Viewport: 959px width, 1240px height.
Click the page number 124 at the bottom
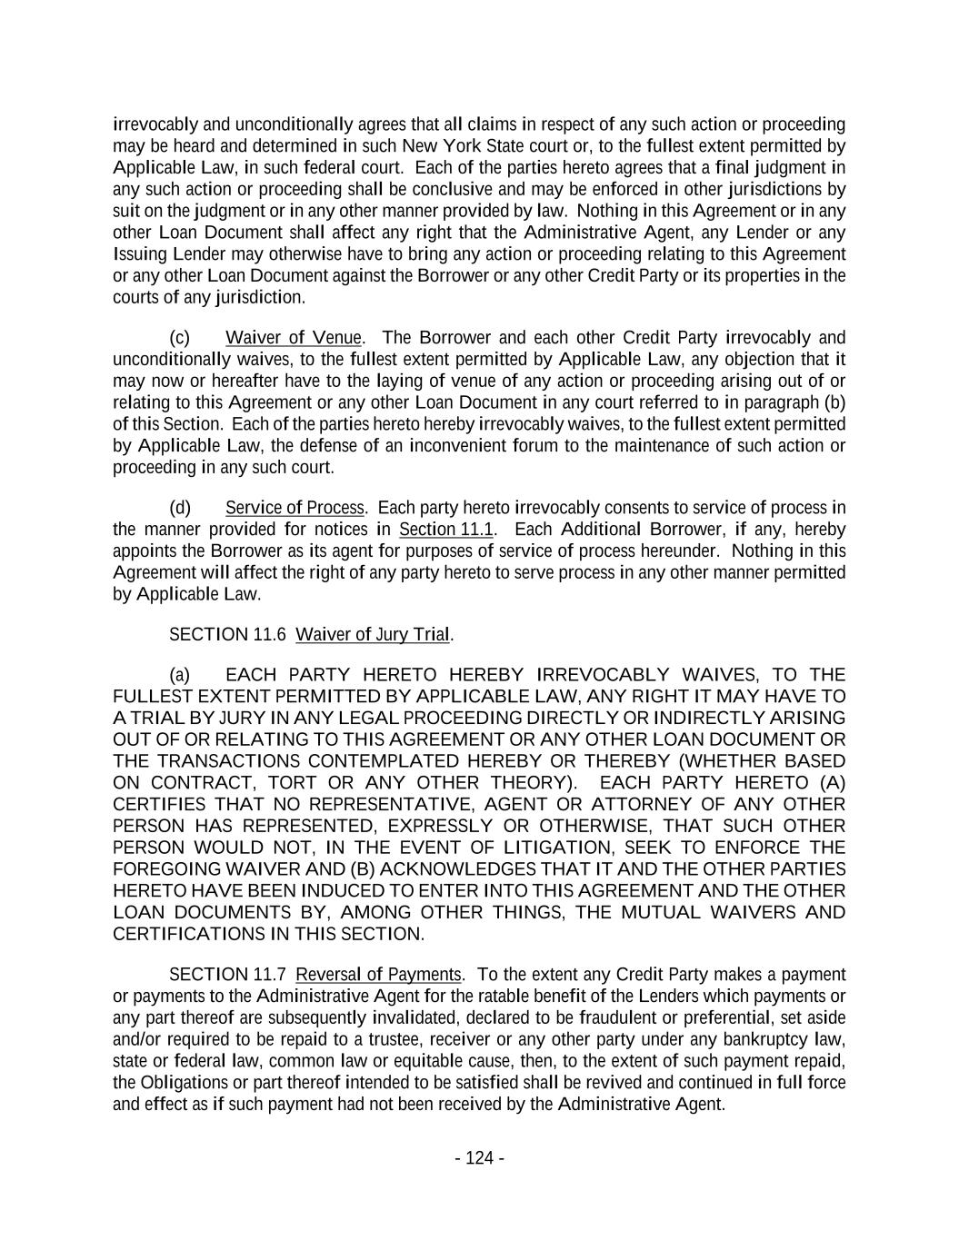pyautogui.click(x=479, y=1157)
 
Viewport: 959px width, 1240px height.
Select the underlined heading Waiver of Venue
pyautogui.click(x=294, y=338)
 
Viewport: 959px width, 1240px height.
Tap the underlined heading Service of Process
pyautogui.click(x=295, y=508)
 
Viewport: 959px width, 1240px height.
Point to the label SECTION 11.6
pyautogui.click(x=221, y=635)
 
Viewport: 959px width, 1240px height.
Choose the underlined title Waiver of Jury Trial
pyautogui.click(x=374, y=635)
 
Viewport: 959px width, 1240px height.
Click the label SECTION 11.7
pyautogui.click(x=221, y=975)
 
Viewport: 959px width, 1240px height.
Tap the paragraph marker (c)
pyautogui.click(x=180, y=338)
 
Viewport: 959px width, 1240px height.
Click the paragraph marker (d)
pyautogui.click(x=180, y=508)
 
